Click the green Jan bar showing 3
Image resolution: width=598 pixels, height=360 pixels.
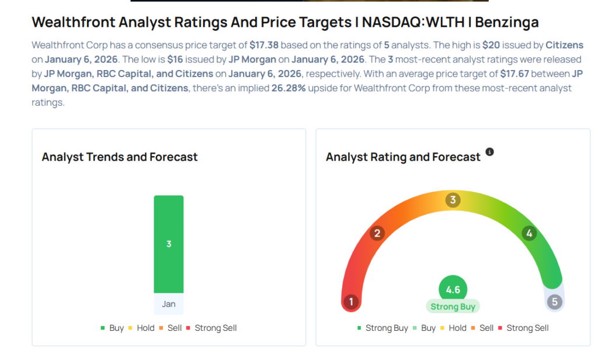[x=169, y=244]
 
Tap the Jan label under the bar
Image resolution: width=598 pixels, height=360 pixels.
[x=169, y=304]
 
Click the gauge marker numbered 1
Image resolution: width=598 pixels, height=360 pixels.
[x=351, y=302]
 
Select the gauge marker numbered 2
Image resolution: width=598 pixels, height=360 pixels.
[x=377, y=234]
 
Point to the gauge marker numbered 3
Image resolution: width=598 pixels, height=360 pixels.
[x=453, y=200]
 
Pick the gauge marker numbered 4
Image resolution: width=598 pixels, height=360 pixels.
[x=529, y=234]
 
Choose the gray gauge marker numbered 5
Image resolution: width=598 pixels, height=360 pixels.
[x=555, y=302]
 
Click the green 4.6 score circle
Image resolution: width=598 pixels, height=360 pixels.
[x=453, y=289]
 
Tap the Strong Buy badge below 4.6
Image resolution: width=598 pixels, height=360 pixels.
[x=453, y=307]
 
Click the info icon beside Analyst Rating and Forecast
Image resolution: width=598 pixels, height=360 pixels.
[x=490, y=152]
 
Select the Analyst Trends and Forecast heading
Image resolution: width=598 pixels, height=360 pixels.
[x=120, y=157]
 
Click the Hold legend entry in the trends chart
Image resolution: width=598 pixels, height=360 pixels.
[x=141, y=328]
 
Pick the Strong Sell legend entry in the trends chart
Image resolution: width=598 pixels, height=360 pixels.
[x=211, y=328]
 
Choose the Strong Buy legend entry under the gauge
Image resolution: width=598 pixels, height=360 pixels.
[x=383, y=328]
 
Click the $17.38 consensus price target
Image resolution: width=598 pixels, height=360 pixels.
[x=264, y=45]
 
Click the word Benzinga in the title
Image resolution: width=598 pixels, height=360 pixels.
[x=507, y=23]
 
